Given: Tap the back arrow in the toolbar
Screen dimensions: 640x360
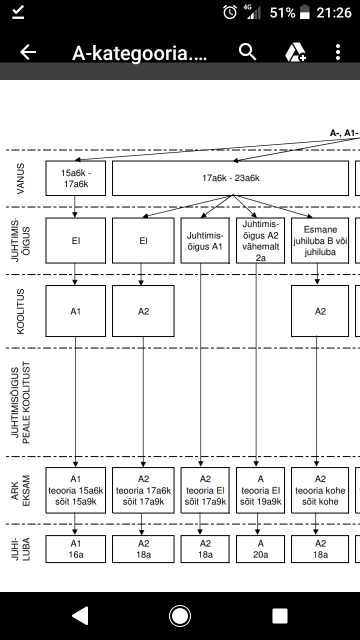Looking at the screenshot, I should click(28, 52).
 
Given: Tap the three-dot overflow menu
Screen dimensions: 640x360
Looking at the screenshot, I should click(338, 52).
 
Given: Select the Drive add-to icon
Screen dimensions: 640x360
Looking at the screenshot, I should click(295, 52).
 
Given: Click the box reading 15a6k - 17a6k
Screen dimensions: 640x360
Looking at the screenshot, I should click(75, 178).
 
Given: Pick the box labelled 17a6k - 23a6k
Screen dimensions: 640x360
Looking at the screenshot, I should click(230, 178).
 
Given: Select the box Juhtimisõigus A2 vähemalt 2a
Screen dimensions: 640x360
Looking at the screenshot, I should click(260, 240).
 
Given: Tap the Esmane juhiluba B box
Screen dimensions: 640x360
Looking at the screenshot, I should click(320, 240).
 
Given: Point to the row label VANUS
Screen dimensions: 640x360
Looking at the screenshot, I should click(20, 178).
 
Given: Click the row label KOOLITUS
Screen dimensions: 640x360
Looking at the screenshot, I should click(20, 311).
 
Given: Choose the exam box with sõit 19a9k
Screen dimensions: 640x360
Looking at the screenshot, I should click(260, 490).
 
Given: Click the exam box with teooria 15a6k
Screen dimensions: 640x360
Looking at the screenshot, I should click(75, 490).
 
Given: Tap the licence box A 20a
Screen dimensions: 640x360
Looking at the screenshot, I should click(260, 548).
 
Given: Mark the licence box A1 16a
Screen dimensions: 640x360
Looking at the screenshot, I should click(75, 548).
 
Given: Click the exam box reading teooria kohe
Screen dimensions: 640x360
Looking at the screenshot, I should click(320, 490).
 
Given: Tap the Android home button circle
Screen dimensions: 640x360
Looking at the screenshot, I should click(180, 616).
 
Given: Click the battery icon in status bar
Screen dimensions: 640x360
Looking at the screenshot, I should click(305, 12).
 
